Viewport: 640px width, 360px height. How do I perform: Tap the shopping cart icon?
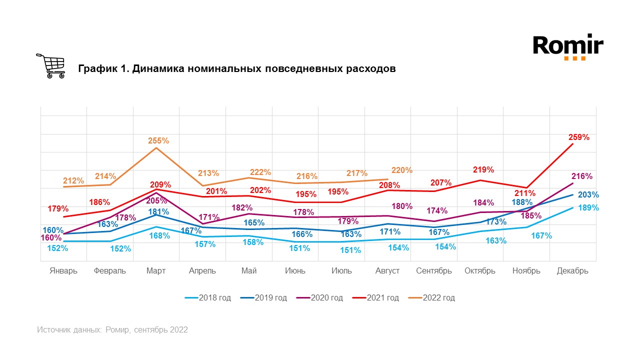[50, 66]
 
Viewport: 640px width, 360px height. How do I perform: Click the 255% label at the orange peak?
[158, 141]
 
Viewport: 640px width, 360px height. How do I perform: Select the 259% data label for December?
[578, 136]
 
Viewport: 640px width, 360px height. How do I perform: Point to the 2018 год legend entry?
[208, 298]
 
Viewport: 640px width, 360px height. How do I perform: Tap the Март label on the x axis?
[156, 271]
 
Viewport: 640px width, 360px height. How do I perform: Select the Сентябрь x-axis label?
[434, 271]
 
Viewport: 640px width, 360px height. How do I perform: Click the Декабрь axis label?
[572, 271]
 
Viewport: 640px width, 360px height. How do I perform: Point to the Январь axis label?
[63, 271]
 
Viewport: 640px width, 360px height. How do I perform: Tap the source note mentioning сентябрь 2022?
[112, 330]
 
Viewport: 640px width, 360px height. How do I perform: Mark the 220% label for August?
[402, 170]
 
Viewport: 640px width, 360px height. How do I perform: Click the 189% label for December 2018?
[588, 207]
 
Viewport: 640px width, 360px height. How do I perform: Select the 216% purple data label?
[581, 176]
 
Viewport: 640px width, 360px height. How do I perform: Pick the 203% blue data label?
[588, 195]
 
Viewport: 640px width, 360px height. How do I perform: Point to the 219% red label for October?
[483, 169]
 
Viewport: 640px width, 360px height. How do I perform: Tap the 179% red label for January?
[58, 208]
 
